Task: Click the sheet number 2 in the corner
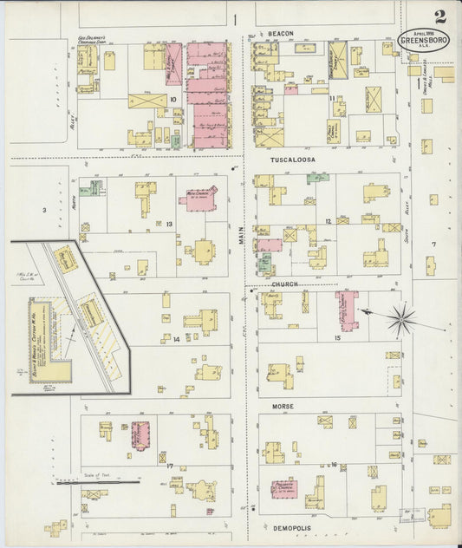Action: (441, 16)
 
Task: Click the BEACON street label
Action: (281, 34)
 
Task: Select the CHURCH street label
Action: (284, 284)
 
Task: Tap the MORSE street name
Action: (283, 406)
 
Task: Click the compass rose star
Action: (401, 320)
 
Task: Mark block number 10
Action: (173, 99)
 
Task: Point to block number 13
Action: (170, 224)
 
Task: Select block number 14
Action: (175, 339)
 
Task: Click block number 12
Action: (329, 221)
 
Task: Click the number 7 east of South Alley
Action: (433, 245)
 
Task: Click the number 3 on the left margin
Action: (42, 210)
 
